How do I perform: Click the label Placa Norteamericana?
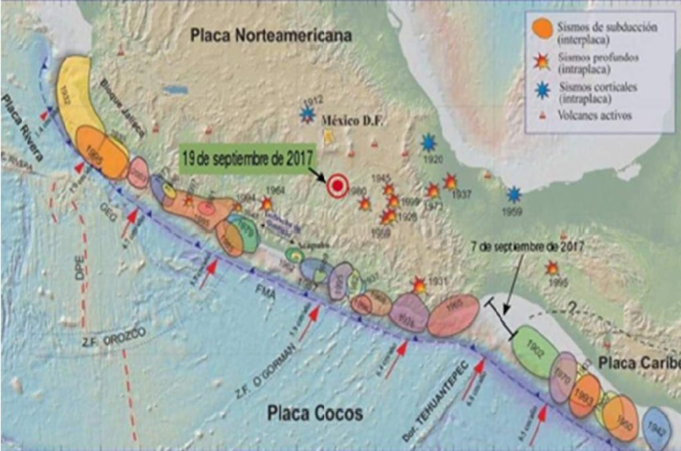coord(271,36)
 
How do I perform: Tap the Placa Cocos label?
coord(315,413)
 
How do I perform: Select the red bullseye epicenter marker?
coord(338,186)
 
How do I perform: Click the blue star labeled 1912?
coord(307,114)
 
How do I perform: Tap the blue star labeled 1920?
coord(429,142)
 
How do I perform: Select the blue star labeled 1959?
coord(513,195)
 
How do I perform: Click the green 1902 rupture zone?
coord(535,352)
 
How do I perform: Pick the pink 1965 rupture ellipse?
coord(454,315)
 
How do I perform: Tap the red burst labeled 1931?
coord(419,285)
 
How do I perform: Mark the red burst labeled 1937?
coord(450,181)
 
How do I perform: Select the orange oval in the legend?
coord(543,29)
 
